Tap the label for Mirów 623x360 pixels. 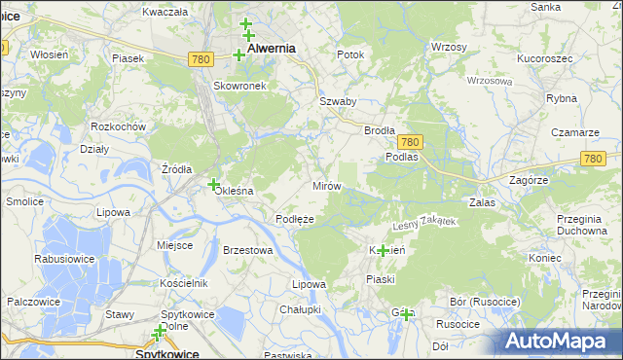tap(324, 185)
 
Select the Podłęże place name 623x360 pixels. tap(294, 219)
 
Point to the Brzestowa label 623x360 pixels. tap(247, 250)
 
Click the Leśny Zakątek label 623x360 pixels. tap(423, 223)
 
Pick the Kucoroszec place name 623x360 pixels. tap(544, 58)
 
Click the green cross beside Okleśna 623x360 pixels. tap(213, 184)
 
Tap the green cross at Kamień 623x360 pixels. tap(383, 251)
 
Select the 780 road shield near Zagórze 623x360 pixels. tap(592, 158)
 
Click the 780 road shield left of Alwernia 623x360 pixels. tap(201, 59)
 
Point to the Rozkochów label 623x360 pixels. tap(118, 126)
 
